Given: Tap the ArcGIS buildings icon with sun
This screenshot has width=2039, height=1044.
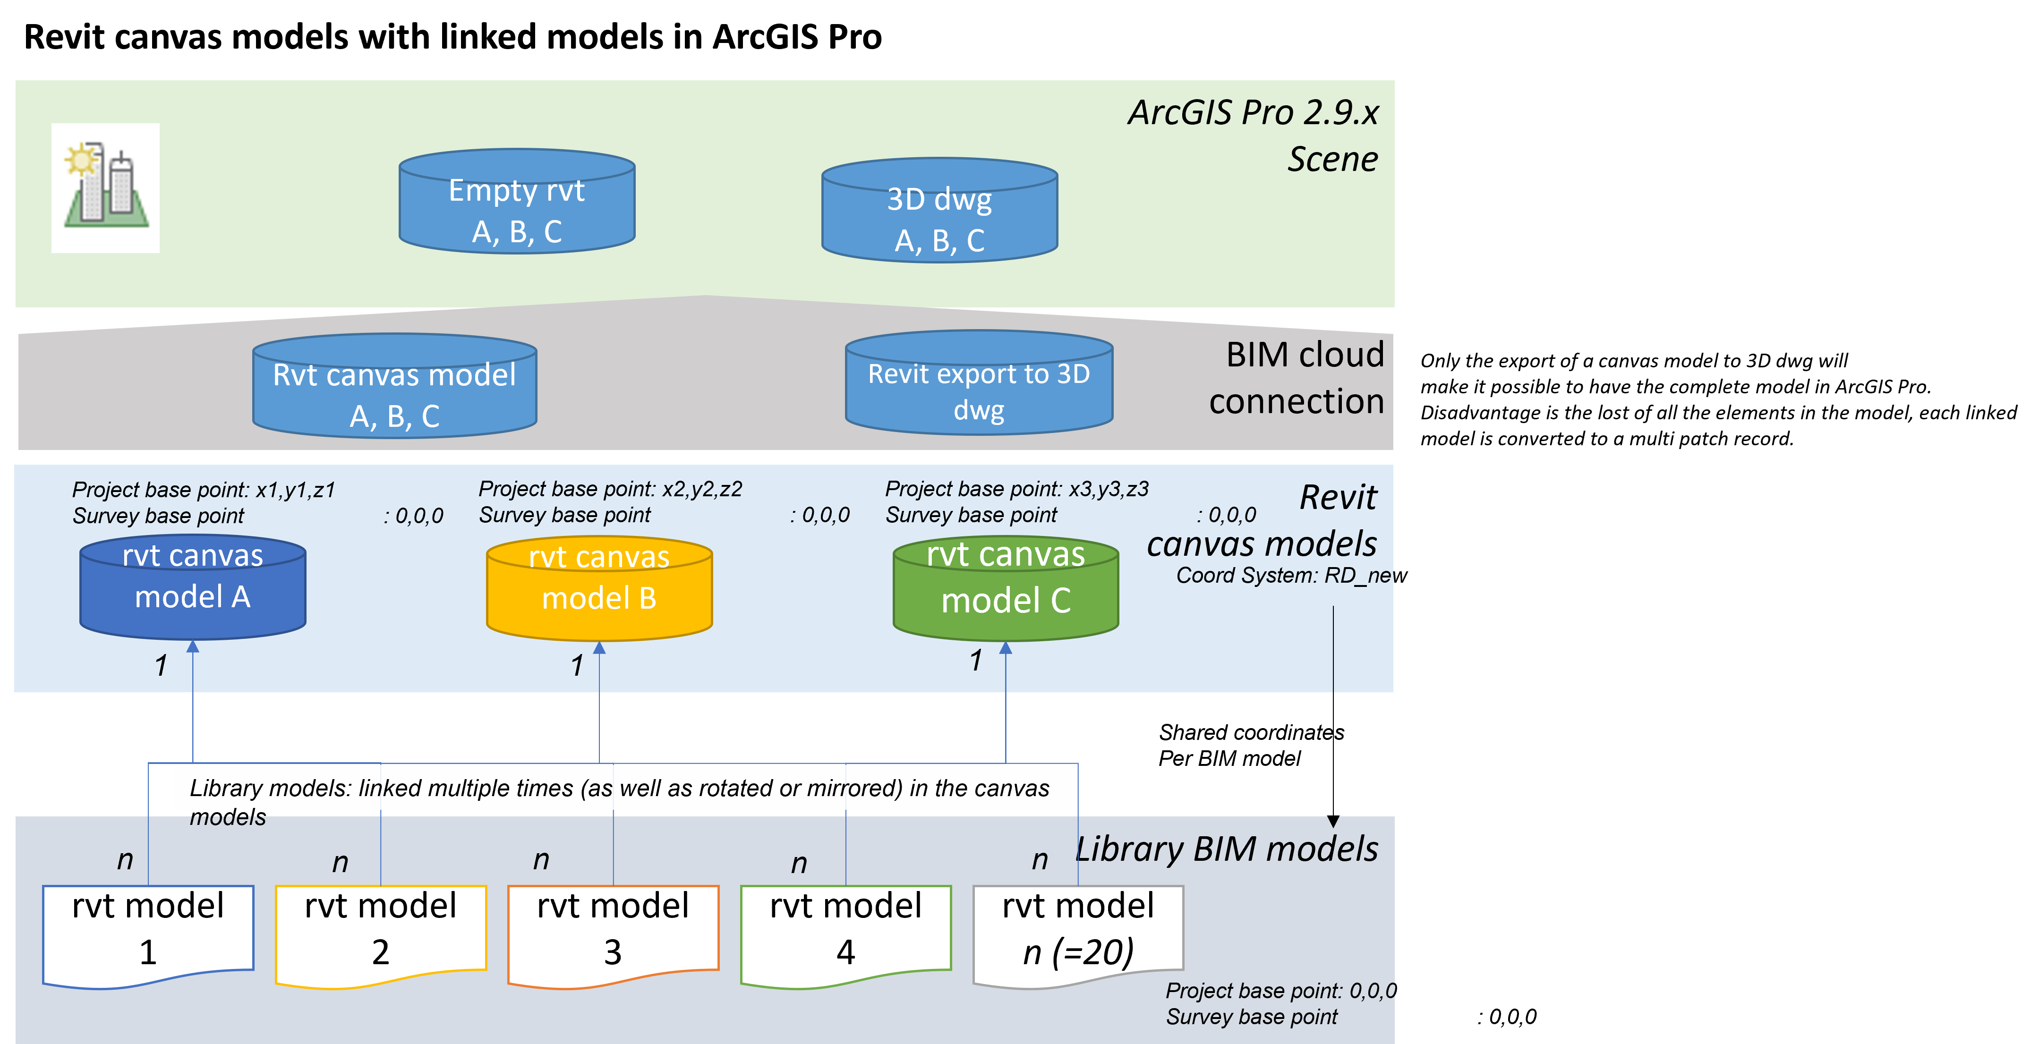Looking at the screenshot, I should point(105,187).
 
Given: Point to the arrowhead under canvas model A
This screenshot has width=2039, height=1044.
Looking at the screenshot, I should point(192,647).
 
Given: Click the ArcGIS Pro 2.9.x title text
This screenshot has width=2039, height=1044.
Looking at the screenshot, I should point(1253,112).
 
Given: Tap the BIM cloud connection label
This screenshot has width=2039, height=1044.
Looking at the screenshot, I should point(1298,378).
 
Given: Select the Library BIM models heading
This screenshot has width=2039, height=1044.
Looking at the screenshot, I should point(1227,849).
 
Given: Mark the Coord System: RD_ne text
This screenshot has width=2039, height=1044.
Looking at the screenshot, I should point(1282,576).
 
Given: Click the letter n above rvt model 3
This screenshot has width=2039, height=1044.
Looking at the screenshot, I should point(541,859).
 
